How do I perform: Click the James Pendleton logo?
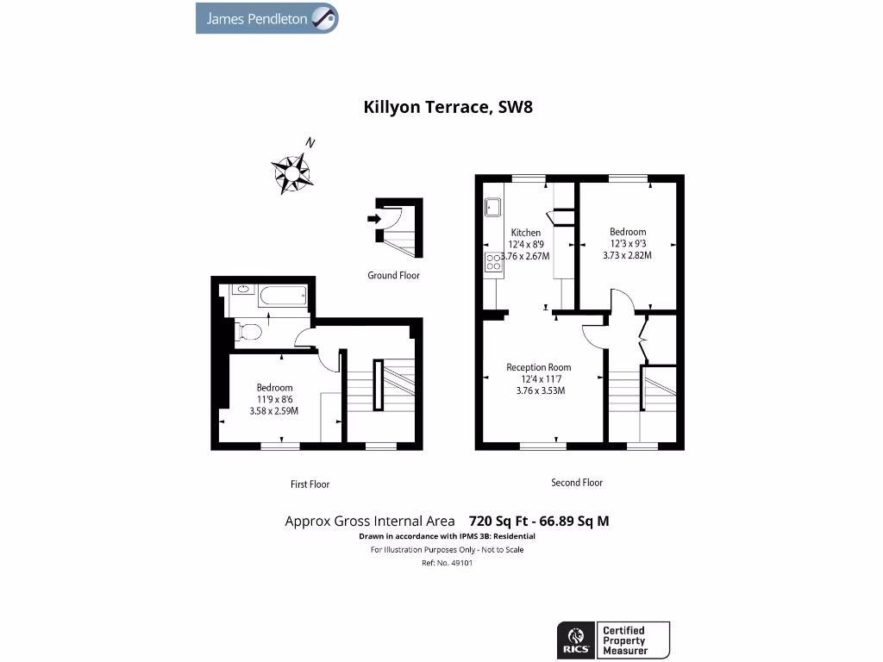click(x=267, y=18)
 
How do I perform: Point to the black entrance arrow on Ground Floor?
click(x=373, y=219)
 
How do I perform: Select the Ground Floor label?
click(x=393, y=276)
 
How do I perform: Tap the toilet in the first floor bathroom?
click(x=249, y=330)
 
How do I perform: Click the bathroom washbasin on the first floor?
click(x=241, y=290)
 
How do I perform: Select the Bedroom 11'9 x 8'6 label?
click(x=274, y=399)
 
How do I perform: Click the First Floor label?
click(x=310, y=484)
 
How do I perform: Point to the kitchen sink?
click(x=493, y=208)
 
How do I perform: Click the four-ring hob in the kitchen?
click(x=493, y=262)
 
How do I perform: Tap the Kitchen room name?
click(x=526, y=233)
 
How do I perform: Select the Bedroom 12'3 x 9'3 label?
click(x=628, y=243)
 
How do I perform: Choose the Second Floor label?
click(x=577, y=483)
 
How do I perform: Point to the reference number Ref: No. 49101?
click(x=447, y=563)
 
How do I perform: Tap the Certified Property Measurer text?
click(x=623, y=640)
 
